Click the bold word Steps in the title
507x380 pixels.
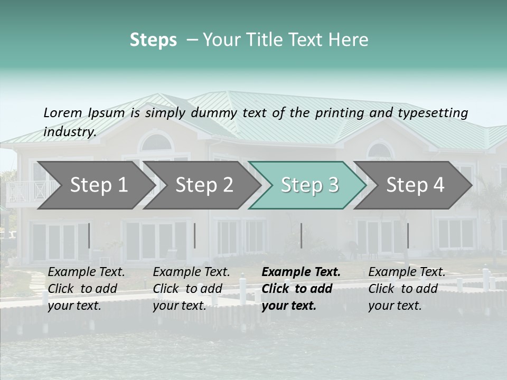[153, 40]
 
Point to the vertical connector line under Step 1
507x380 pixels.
[89, 235]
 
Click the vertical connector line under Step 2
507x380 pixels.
[195, 235]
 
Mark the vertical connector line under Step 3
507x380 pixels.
[301, 235]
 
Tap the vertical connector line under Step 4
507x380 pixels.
[408, 235]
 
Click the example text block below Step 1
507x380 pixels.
[86, 289]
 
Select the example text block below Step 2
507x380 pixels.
[191, 289]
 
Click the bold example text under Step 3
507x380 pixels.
[301, 289]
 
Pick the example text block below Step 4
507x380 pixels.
[407, 289]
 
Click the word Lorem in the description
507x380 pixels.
[63, 112]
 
